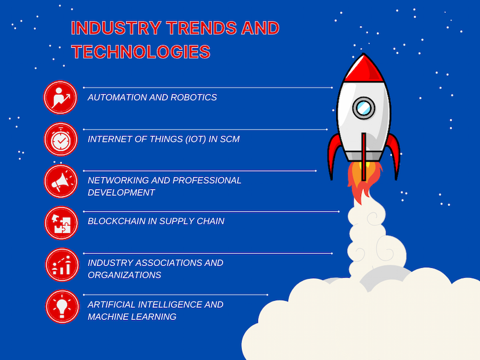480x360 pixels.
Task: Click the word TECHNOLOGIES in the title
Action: point(141,52)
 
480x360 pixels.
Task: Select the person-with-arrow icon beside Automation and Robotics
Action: point(60,97)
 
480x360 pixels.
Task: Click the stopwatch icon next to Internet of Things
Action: point(61,139)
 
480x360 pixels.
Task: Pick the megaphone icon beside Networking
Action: point(61,181)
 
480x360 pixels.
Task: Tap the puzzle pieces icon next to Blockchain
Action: point(61,223)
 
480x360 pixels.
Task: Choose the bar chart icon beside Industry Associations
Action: point(62,265)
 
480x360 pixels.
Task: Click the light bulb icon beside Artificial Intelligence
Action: point(62,307)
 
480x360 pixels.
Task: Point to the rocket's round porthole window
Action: point(363,108)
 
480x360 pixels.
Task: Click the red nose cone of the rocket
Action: point(363,69)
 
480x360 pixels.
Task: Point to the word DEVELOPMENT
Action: point(121,192)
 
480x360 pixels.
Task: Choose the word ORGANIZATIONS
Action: point(124,275)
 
